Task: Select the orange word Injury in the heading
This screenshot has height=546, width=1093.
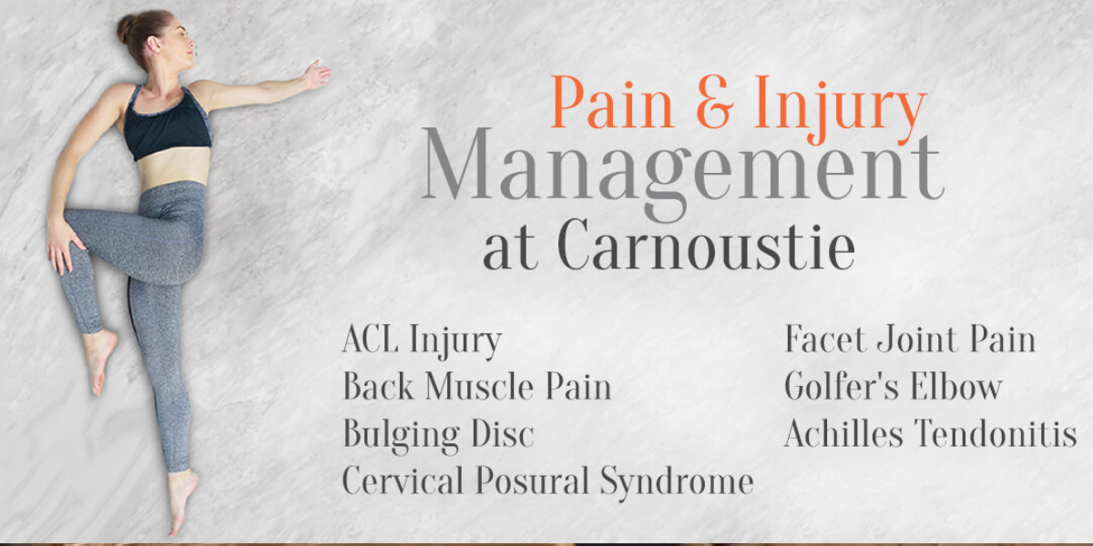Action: coord(840,109)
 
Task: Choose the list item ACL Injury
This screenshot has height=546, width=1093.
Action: coord(422,340)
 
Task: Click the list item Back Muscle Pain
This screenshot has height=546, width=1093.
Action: coord(477,386)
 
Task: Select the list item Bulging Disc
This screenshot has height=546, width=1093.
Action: coord(438,435)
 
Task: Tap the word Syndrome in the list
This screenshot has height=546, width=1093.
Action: coord(677,482)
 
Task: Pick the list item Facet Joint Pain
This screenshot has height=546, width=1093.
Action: coord(910,339)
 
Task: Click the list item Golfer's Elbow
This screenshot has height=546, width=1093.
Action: coord(894,386)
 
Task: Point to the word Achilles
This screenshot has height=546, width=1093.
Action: coord(843,432)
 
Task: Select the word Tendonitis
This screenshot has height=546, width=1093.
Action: coord(996,432)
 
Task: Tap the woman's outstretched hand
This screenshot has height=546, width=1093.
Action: coord(317,74)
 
